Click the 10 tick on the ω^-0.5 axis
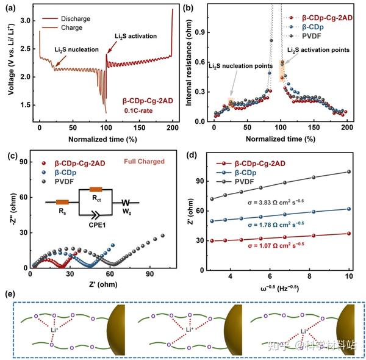pos(348,276)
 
